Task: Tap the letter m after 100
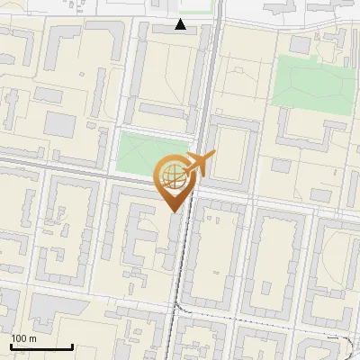(x=31, y=338)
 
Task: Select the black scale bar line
(x=41, y=346)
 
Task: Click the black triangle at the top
(x=181, y=24)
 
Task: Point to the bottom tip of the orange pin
(x=173, y=211)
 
